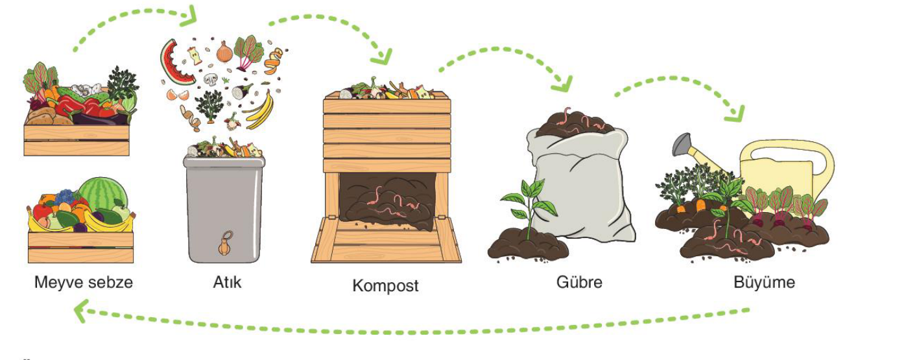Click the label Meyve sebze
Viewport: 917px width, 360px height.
tap(84, 282)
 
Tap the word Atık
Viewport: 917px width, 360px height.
tap(227, 282)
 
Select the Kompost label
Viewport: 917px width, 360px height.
tap(385, 285)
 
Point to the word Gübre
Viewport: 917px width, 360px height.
tap(579, 282)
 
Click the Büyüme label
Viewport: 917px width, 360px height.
tap(765, 282)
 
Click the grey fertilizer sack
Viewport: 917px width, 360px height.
tap(581, 184)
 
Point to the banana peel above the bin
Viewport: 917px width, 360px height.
tap(260, 110)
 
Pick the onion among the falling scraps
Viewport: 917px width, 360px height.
tap(224, 52)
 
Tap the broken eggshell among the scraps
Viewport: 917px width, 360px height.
tap(178, 95)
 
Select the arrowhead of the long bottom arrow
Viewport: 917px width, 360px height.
tap(81, 311)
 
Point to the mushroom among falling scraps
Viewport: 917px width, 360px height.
tap(211, 79)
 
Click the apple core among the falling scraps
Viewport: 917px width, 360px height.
tap(195, 56)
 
